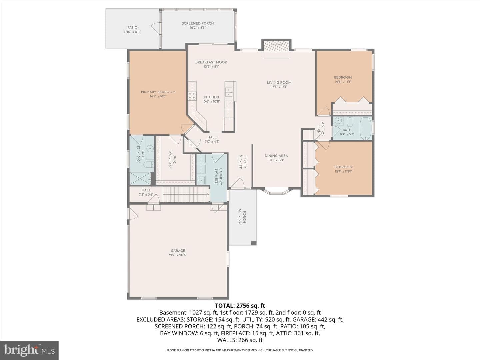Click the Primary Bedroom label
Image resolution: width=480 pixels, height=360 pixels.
tap(158, 92)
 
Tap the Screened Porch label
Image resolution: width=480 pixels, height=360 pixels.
tap(198, 23)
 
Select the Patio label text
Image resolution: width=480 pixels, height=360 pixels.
tap(133, 28)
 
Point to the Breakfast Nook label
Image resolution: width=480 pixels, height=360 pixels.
tap(211, 62)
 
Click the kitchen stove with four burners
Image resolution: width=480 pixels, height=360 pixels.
tap(192, 96)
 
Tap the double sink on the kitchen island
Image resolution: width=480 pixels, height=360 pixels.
tap(229, 92)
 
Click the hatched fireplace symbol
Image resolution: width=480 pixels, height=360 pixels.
tap(276, 46)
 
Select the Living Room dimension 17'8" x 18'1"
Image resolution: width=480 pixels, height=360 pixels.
tap(279, 87)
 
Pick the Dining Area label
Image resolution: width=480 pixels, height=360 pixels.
tap(276, 156)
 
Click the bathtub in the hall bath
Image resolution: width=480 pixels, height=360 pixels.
tap(366, 128)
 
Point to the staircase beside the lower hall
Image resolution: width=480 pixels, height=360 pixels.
tap(186, 194)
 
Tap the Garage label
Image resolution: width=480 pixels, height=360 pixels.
tap(178, 251)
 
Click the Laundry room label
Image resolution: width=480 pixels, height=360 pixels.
tap(221, 177)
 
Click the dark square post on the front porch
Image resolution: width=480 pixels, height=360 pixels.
tap(254, 243)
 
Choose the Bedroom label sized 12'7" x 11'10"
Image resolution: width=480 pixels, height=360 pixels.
tap(344, 167)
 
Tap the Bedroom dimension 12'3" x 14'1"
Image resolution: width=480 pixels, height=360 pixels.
tap(343, 82)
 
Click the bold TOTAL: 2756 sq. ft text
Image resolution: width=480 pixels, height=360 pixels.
tap(240, 306)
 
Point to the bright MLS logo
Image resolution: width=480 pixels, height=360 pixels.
tap(29, 350)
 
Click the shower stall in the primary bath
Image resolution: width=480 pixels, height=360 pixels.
tap(140, 178)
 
